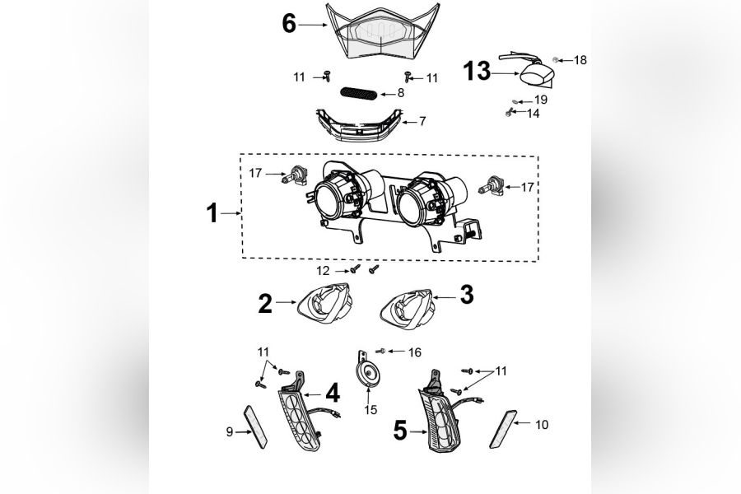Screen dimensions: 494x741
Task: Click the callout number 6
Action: pyautogui.click(x=289, y=24)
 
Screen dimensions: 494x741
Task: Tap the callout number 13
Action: pyautogui.click(x=477, y=72)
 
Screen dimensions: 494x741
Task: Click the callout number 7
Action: pyautogui.click(x=422, y=121)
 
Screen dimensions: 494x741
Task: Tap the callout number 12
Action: pyautogui.click(x=323, y=270)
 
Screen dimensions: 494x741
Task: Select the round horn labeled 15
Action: pyautogui.click(x=366, y=372)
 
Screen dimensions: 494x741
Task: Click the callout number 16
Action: pyautogui.click(x=414, y=352)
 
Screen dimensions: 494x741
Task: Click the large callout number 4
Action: pyautogui.click(x=332, y=394)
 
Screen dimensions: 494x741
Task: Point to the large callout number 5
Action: pyautogui.click(x=399, y=430)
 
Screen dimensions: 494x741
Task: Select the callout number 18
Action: pyautogui.click(x=580, y=60)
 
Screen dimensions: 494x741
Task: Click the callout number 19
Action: pyautogui.click(x=540, y=100)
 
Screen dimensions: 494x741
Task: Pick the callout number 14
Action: pyautogui.click(x=534, y=114)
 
